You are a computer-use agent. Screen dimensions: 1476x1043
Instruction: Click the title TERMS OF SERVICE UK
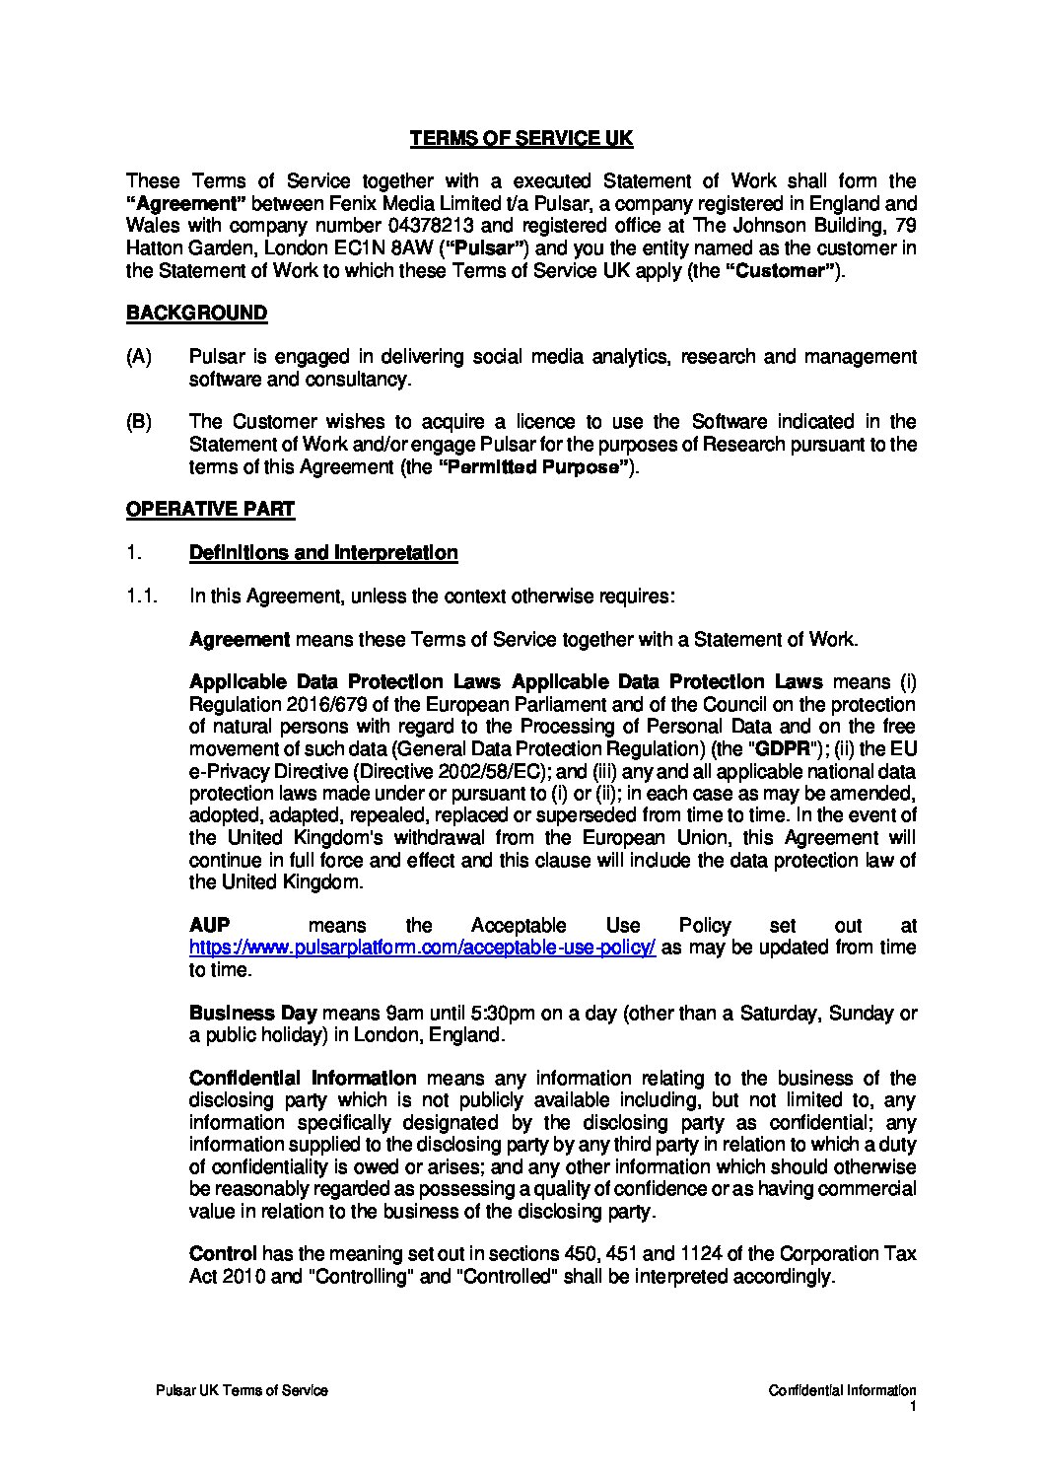point(521,139)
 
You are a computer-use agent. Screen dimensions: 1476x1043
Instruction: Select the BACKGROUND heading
point(196,314)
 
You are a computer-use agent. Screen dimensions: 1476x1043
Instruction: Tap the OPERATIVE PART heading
point(210,509)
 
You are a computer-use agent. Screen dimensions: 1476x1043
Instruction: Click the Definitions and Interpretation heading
point(322,552)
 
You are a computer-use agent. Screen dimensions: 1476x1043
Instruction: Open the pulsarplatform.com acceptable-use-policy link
point(422,948)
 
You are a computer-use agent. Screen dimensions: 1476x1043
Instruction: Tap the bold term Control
point(223,1254)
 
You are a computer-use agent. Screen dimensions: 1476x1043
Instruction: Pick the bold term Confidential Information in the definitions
point(303,1079)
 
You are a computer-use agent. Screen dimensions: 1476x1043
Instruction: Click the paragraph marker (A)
point(139,357)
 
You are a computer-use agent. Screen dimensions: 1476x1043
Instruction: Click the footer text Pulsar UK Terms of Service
point(242,1390)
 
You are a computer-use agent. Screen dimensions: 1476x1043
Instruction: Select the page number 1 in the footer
point(913,1406)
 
